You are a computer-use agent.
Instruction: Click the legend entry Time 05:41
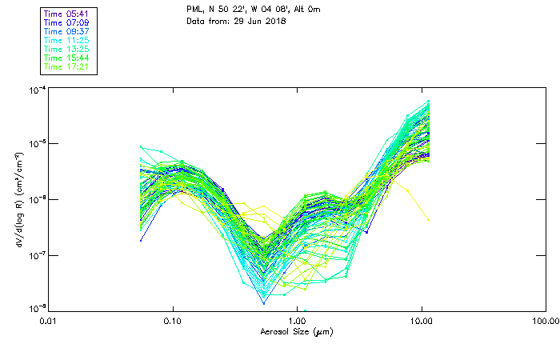(x=68, y=14)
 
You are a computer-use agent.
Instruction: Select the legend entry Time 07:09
(x=68, y=22)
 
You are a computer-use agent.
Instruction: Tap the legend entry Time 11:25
(x=68, y=40)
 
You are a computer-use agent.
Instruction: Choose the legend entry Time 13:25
(x=68, y=49)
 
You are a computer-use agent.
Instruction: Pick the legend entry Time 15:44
(x=68, y=58)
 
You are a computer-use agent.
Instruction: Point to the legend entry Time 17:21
(x=68, y=66)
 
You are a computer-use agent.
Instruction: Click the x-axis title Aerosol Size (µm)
(x=296, y=331)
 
